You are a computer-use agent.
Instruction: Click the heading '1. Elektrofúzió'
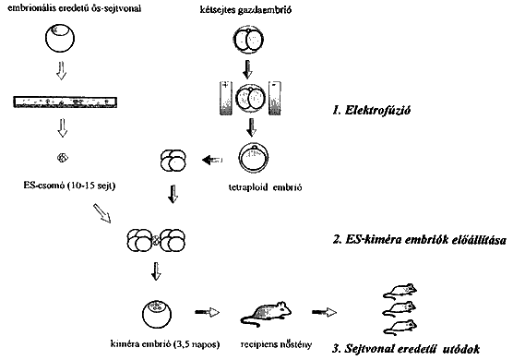click(371, 110)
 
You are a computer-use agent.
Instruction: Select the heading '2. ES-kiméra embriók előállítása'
click(420, 240)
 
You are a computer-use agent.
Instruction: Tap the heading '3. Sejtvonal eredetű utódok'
click(406, 348)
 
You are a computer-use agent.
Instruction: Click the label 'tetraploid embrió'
click(265, 187)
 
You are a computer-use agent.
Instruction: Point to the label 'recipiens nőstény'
click(276, 344)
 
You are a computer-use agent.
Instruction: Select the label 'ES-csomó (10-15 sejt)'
click(69, 186)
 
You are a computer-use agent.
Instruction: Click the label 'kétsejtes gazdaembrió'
click(245, 10)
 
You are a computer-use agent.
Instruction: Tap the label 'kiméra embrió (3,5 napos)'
click(165, 344)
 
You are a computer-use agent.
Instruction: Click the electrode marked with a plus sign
click(226, 98)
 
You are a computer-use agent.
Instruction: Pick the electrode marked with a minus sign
click(275, 98)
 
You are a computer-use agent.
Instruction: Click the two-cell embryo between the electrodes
click(250, 98)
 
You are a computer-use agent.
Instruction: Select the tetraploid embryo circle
click(255, 158)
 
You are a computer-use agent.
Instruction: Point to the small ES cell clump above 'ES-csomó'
click(62, 158)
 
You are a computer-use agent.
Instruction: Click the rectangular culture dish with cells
click(66, 102)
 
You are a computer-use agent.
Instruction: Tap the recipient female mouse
click(266, 313)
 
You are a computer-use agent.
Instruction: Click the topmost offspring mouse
click(400, 291)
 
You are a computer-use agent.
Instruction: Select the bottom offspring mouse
click(400, 328)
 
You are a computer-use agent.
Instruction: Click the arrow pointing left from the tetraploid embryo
click(212, 160)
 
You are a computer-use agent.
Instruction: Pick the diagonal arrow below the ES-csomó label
click(102, 213)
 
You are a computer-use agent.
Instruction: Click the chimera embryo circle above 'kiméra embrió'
click(157, 314)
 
